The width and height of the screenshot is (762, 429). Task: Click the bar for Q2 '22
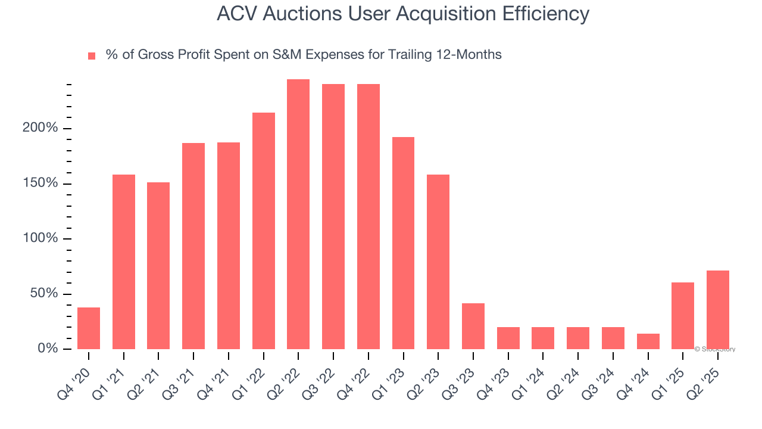point(298,214)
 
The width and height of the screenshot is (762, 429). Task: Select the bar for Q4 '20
point(89,328)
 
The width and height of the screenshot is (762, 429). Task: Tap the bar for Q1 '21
point(124,262)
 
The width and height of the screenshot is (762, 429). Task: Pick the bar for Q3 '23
point(473,326)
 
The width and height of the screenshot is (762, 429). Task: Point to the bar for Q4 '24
point(648,341)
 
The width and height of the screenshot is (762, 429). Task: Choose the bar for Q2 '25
point(717,309)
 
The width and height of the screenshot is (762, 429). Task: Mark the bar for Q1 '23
point(403,243)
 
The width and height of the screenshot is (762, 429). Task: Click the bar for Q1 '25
point(682,315)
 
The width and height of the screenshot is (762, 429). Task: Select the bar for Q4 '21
point(229,245)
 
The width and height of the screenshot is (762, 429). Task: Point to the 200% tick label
point(41,128)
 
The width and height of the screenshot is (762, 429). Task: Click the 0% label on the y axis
point(48,349)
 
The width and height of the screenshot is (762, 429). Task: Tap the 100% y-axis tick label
point(41,238)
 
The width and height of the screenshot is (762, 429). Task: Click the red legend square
point(92,55)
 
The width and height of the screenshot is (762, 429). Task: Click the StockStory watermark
point(715,349)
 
